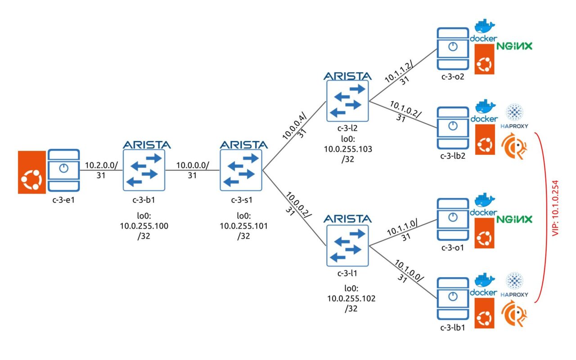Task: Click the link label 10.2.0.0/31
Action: (101, 171)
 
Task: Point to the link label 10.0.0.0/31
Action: (192, 171)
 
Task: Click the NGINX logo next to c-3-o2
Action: (514, 46)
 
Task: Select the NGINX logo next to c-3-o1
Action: (514, 219)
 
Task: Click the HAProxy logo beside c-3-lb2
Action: (514, 117)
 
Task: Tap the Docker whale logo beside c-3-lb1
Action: (484, 284)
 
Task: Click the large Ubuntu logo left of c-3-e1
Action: (31, 172)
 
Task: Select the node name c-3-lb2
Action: (452, 156)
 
